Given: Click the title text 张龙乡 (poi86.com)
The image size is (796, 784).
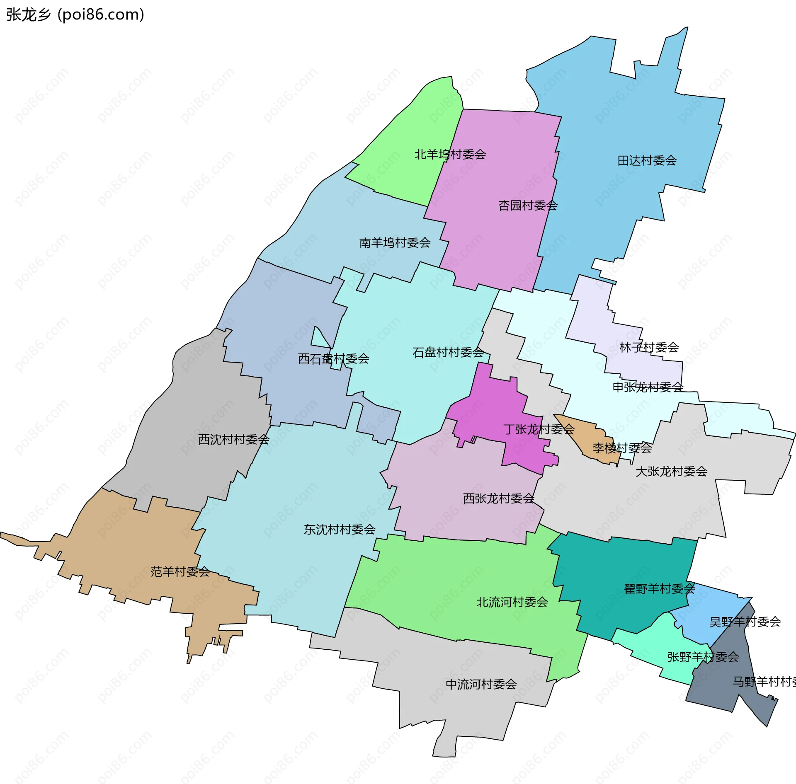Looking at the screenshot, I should point(75,15).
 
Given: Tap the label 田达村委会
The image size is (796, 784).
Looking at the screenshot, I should point(647,160).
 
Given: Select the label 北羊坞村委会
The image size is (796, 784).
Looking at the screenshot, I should point(450,154).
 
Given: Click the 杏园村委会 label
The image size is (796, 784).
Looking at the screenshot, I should point(528,205).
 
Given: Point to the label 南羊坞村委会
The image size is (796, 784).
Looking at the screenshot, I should point(395,242).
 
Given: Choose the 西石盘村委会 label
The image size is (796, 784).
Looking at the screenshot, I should point(333,358).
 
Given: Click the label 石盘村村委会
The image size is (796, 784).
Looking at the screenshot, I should point(448,352).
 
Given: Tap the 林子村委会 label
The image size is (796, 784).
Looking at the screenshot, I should point(649,347).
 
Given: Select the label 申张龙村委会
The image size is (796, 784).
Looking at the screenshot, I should point(648,387).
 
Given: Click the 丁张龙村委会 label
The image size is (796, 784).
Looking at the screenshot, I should point(539,429).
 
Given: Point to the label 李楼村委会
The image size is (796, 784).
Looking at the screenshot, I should point(622,448).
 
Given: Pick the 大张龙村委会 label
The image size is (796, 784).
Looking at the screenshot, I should point(671,471).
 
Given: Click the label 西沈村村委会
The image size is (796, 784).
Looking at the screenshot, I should point(234,439).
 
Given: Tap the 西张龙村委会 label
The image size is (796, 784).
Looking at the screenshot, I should point(498,498).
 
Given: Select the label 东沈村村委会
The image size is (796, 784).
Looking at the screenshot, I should point(340,529).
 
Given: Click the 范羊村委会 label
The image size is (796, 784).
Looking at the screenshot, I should point(180,572).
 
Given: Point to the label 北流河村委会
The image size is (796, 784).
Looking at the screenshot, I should point(512,602).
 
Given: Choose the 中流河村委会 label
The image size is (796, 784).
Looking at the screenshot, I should point(481,684).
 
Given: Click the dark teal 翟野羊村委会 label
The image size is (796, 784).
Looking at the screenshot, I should point(659,589).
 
